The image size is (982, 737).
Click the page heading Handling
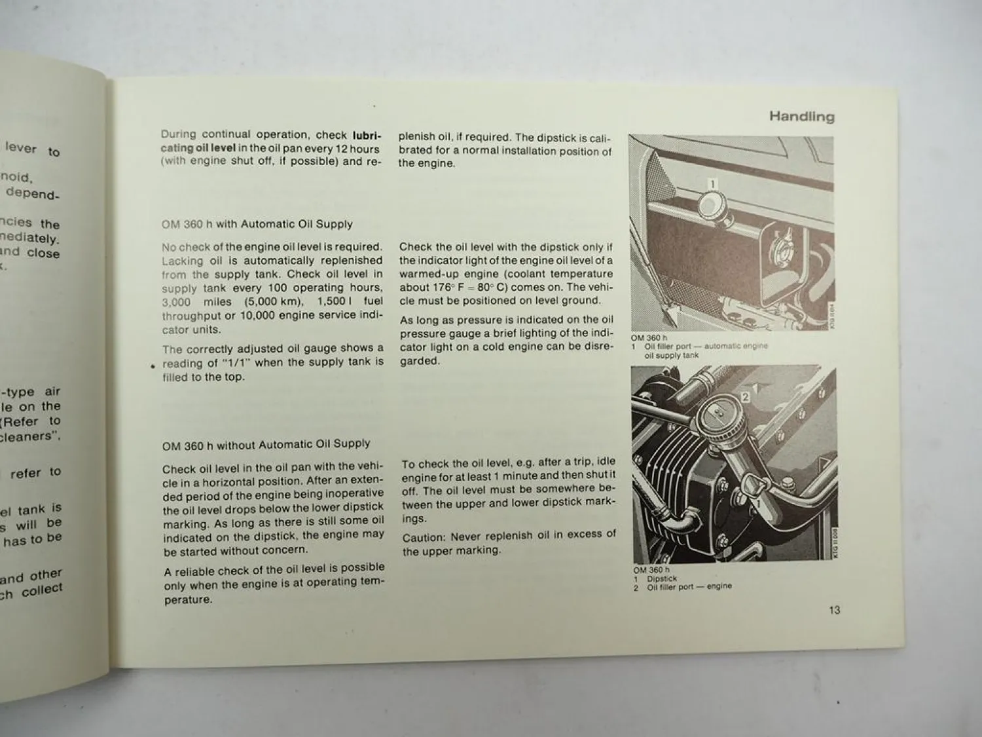pyautogui.click(x=801, y=117)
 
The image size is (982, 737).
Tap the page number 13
pyautogui.click(x=834, y=610)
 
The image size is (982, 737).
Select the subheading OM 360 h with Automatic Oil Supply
pyautogui.click(x=257, y=224)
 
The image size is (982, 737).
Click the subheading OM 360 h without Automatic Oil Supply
pyautogui.click(x=266, y=445)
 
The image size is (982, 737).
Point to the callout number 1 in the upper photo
pyautogui.click(x=713, y=184)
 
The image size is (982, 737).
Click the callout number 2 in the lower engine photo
pyautogui.click(x=745, y=396)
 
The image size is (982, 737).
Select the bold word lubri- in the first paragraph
pyautogui.click(x=367, y=136)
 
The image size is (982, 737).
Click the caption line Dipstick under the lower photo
pyautogui.click(x=661, y=578)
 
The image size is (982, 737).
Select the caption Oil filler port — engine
pyautogui.click(x=689, y=587)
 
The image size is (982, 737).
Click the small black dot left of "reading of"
pyautogui.click(x=153, y=367)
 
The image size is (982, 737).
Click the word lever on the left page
pyautogui.click(x=21, y=147)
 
